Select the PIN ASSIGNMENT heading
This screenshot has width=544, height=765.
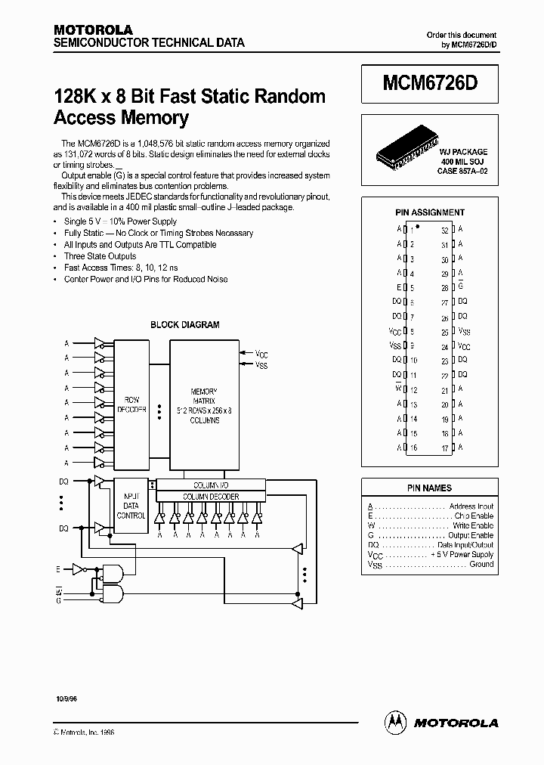tap(430, 212)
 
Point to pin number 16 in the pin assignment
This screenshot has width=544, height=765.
tap(413, 448)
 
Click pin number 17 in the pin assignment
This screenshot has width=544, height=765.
tap(445, 448)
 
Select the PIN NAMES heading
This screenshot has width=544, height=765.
tap(429, 488)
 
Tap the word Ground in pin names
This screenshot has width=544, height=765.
tap(481, 564)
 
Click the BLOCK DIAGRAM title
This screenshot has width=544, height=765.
tap(185, 325)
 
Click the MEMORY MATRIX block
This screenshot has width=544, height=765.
tap(204, 404)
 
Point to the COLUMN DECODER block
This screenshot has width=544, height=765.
tap(211, 497)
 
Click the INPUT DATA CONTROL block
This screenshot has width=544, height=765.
tap(131, 505)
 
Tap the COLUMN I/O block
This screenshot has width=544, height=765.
tap(211, 485)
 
